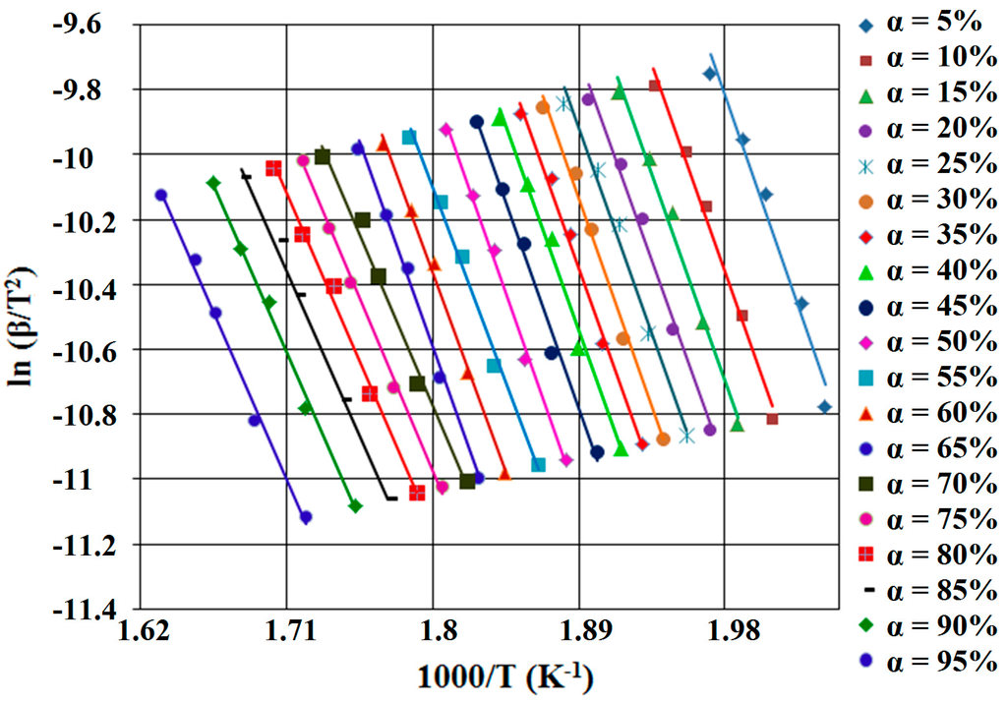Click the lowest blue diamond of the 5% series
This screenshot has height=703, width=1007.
[824, 407]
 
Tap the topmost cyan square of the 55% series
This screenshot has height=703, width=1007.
[409, 137]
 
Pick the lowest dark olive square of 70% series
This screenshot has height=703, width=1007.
[467, 481]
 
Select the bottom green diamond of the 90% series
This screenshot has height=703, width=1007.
[355, 506]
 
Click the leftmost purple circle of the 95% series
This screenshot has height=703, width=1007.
[161, 195]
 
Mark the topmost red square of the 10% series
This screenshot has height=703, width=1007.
[655, 86]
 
